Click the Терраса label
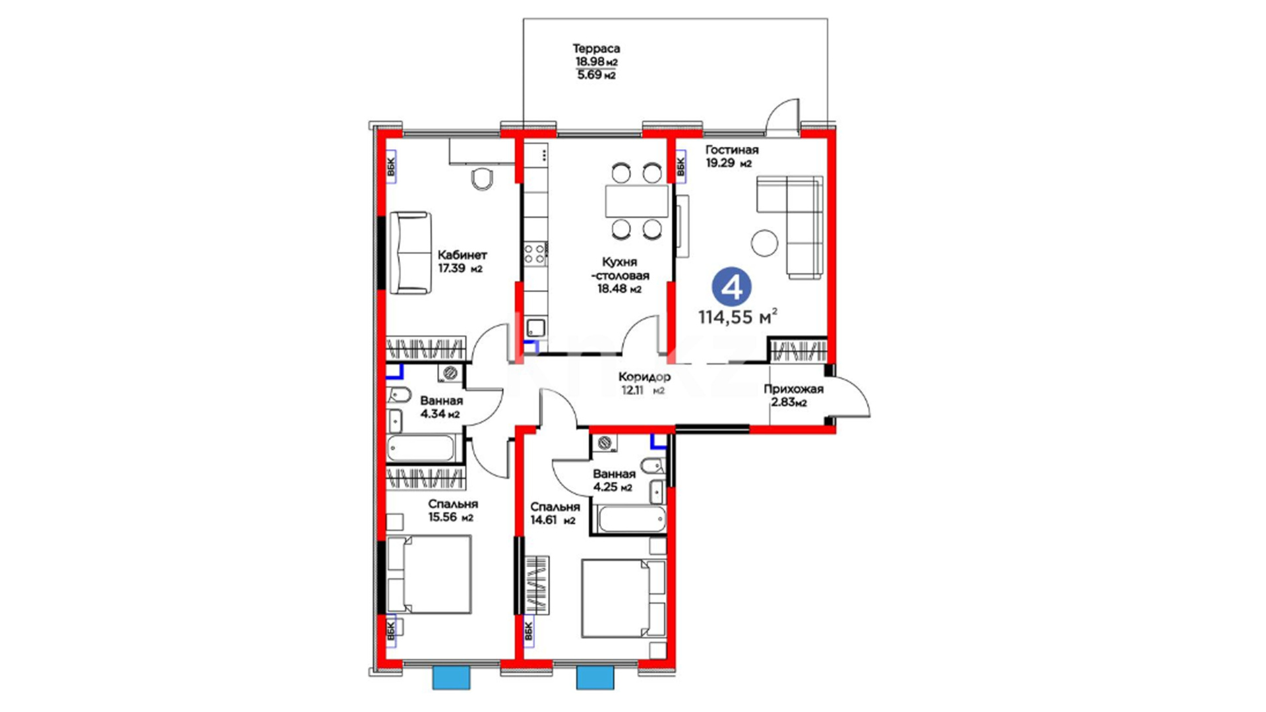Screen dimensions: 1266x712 coord(596,48)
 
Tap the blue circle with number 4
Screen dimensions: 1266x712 coord(731,287)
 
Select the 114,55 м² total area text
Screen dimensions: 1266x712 coord(738,316)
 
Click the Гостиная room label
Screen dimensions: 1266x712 coord(732,150)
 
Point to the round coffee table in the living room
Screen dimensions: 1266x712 coord(766,242)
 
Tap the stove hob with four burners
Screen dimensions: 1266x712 coord(535,254)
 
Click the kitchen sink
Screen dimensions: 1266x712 coord(535,328)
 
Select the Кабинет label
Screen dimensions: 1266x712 coord(462,254)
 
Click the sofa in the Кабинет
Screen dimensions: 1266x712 coord(409,252)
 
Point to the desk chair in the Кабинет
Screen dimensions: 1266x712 coord(483,178)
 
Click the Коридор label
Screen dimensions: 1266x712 coord(644,376)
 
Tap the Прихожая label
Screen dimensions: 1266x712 coord(793,389)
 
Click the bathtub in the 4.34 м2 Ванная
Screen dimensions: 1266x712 coord(421,449)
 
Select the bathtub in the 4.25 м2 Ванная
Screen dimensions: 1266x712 coord(632,519)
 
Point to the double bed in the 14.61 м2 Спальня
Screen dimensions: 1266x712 coord(624,599)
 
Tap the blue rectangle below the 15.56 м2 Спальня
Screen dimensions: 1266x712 coord(452,678)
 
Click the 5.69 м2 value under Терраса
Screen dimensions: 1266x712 coord(596,75)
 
